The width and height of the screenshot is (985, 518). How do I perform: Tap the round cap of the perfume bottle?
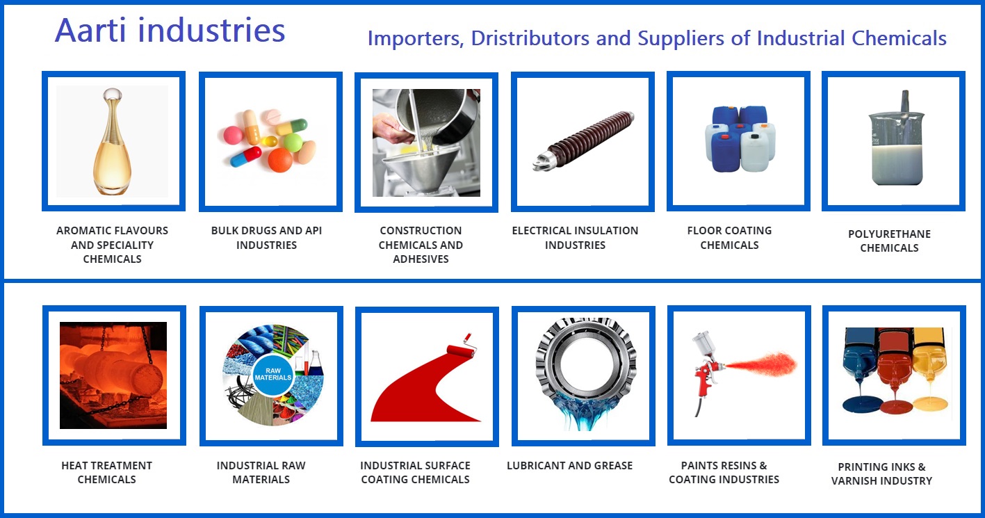point(113,95)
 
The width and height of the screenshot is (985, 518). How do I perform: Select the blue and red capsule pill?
point(245,157)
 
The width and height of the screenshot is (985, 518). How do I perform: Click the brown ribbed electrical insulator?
point(583,140)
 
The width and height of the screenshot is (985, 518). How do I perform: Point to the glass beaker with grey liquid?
point(896,140)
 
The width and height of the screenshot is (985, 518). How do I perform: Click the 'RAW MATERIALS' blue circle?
point(272,374)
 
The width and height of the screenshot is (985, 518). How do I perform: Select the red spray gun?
point(706,369)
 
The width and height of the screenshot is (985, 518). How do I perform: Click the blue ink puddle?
point(863,404)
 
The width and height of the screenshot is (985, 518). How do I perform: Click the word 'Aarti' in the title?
point(91,31)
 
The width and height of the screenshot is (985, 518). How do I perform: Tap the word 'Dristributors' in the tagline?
point(530,38)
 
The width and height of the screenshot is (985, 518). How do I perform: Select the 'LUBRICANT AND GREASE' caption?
point(569,465)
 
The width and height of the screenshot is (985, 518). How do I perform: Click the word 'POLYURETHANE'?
point(889,234)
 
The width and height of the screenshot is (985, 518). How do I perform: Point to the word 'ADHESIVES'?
point(421,259)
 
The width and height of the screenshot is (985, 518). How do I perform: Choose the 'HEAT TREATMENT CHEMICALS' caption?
point(107,472)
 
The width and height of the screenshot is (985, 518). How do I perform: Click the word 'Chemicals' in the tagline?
point(899,38)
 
